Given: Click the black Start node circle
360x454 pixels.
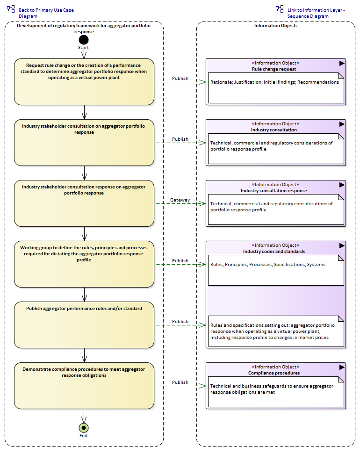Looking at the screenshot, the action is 84,40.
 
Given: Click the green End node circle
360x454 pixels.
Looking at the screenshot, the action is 84,428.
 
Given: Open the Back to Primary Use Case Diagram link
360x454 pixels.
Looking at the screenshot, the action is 46,13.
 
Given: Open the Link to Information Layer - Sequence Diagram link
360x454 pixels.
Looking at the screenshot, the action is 316,13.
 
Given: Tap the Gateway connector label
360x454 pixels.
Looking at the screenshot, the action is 180,200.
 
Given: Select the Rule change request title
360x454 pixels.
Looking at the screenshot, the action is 274,69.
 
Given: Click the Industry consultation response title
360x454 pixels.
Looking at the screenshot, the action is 274,190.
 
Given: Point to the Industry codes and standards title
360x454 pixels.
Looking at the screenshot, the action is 274,252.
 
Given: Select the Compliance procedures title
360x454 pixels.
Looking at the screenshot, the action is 274,373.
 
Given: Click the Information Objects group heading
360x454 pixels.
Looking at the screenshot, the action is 276,25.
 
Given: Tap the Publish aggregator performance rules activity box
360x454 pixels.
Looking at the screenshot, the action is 84,325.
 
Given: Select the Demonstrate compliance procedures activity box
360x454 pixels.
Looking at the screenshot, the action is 84,386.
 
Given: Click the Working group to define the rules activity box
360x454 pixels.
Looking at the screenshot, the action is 84,264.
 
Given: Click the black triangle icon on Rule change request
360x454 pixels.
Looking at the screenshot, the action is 342,63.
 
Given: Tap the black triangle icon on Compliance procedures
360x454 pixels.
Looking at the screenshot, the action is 342,367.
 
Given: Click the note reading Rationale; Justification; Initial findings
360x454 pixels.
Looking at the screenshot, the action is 276,88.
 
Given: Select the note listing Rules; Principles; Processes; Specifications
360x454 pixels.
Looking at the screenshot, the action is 276,270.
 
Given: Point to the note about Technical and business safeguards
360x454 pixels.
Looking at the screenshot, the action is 276,392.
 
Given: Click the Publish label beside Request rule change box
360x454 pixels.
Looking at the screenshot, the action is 180,78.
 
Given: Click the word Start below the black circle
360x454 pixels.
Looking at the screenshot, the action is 83,48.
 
